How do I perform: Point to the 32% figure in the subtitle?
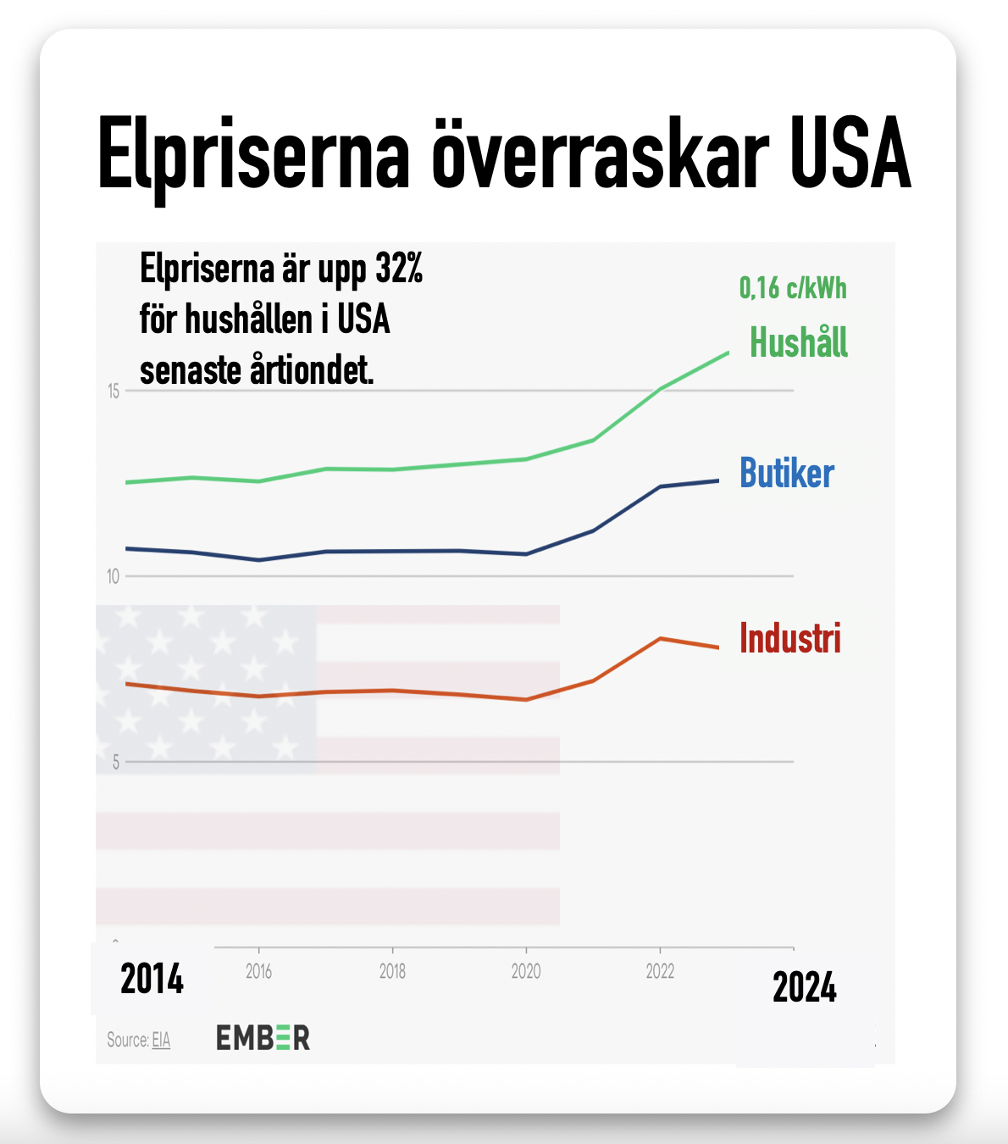(x=399, y=269)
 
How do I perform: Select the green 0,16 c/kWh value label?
(x=793, y=288)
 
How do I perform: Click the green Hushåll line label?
(x=799, y=342)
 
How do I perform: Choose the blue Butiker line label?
(x=787, y=473)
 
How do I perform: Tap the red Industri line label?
(x=790, y=638)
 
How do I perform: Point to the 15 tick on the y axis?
(x=114, y=392)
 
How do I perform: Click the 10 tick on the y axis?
(x=114, y=577)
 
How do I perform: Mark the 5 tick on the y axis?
(x=116, y=763)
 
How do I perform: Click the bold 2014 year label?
(x=152, y=980)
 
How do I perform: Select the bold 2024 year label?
(x=804, y=988)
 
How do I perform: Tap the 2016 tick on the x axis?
(x=258, y=971)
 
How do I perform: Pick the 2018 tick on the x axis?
(x=392, y=971)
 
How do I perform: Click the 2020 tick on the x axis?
(x=526, y=971)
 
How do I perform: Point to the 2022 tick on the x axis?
(x=660, y=971)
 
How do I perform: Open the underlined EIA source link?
(x=161, y=1040)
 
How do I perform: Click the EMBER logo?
(x=263, y=1038)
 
